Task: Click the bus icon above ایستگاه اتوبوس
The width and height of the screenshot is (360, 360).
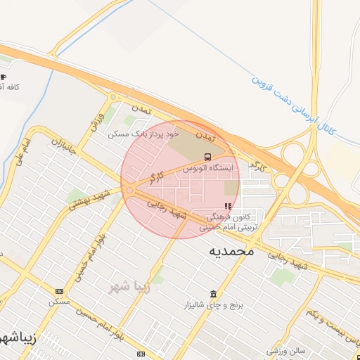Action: coord(207,157)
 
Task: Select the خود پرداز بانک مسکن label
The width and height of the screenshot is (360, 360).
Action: coord(143,133)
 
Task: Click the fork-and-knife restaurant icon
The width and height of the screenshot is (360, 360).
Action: coord(227,206)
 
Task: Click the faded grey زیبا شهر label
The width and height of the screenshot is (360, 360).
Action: coord(129,286)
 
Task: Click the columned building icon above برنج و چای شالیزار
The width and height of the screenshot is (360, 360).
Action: coord(213,293)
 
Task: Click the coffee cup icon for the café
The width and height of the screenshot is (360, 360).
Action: coord(4,77)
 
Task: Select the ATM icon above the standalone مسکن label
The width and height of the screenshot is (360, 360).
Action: coord(58,291)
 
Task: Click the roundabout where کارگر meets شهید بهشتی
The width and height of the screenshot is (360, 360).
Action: coord(129,190)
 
